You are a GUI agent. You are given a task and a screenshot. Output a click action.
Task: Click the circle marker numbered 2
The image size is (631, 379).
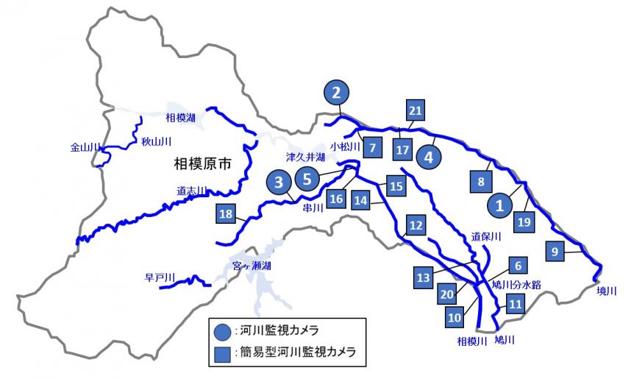[337, 93]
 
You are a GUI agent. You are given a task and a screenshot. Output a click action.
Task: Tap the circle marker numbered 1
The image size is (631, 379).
[500, 205]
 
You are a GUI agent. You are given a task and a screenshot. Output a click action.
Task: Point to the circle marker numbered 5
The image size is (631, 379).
[308, 177]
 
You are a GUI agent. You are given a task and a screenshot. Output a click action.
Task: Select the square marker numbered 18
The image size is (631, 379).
[227, 214]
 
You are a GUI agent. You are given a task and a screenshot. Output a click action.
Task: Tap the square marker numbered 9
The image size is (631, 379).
[555, 251]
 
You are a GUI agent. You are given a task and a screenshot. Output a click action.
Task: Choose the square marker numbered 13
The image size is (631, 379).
[423, 277]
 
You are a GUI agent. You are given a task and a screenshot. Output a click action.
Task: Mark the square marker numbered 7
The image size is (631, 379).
[372, 146]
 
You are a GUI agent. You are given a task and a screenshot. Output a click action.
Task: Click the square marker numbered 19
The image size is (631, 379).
[523, 221]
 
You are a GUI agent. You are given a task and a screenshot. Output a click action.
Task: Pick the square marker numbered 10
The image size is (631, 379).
[454, 317]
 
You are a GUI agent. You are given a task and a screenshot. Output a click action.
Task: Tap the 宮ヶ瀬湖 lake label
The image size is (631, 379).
[252, 266]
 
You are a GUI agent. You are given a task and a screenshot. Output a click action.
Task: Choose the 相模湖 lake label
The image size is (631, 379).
[180, 118]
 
